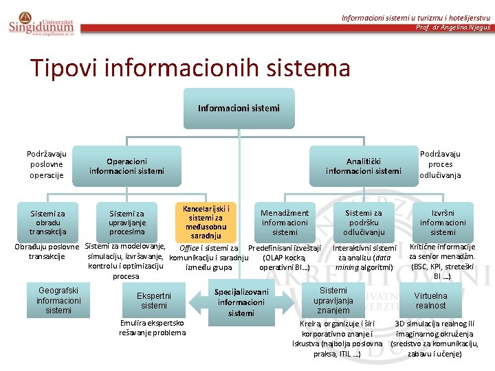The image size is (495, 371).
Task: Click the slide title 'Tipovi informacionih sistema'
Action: pos(190,68)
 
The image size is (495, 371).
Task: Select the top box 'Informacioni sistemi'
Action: pos(239,108)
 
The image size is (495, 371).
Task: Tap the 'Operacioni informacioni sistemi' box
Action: pos(126,166)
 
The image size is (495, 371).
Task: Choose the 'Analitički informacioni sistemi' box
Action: pos(363,166)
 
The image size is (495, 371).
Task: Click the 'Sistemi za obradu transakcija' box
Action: pos(47,223)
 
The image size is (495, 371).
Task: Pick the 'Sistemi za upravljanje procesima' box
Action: pos(127,223)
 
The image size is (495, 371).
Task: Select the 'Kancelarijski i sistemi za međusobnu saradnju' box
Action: pos(206,222)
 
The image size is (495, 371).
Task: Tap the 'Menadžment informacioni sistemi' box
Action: pos(285,223)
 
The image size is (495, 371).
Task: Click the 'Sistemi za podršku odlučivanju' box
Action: pos(364,223)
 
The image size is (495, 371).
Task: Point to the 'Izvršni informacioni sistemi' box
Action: pos(443,223)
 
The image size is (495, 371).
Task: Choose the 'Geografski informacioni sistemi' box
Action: pos(58,300)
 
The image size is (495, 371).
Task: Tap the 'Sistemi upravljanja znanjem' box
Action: pos(333,300)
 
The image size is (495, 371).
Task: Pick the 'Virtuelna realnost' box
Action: pos(430,300)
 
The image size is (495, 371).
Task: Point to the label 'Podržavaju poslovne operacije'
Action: pos(47,164)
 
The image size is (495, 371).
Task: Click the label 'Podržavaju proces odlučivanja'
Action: pos(440,164)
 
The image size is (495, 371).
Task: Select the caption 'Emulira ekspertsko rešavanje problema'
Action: pos(152,327)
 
